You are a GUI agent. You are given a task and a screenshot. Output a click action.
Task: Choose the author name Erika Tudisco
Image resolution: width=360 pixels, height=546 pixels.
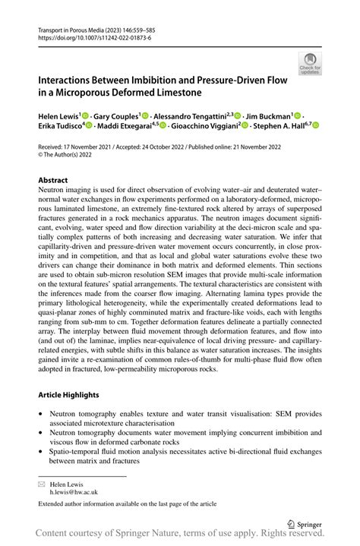[x=62, y=125]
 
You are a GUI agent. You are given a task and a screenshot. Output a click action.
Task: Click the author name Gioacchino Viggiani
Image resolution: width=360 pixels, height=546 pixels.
[x=203, y=125]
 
